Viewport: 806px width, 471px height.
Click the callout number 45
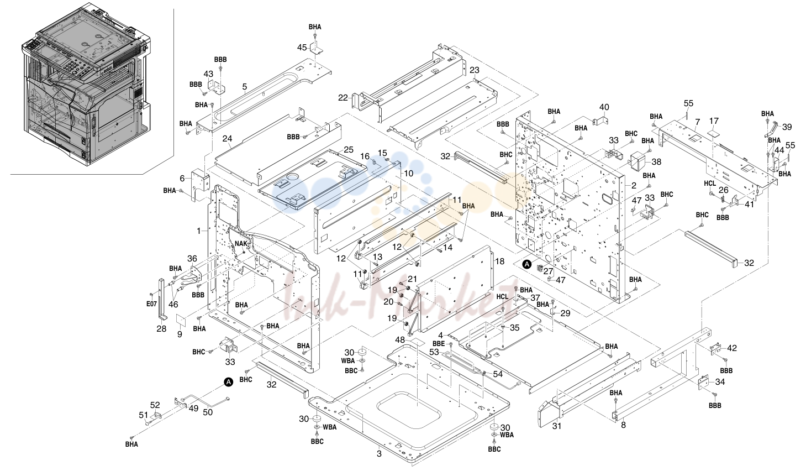pos(302,47)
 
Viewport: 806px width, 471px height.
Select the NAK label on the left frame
pos(241,244)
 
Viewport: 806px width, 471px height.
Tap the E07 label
pos(151,304)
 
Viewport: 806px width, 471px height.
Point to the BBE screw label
pos(439,344)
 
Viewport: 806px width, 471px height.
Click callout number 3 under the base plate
pos(379,454)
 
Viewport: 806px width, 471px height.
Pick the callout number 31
pos(557,426)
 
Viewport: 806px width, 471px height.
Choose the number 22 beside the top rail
pos(343,98)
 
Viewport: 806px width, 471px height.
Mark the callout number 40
pos(604,107)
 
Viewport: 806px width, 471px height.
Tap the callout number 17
pos(714,121)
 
